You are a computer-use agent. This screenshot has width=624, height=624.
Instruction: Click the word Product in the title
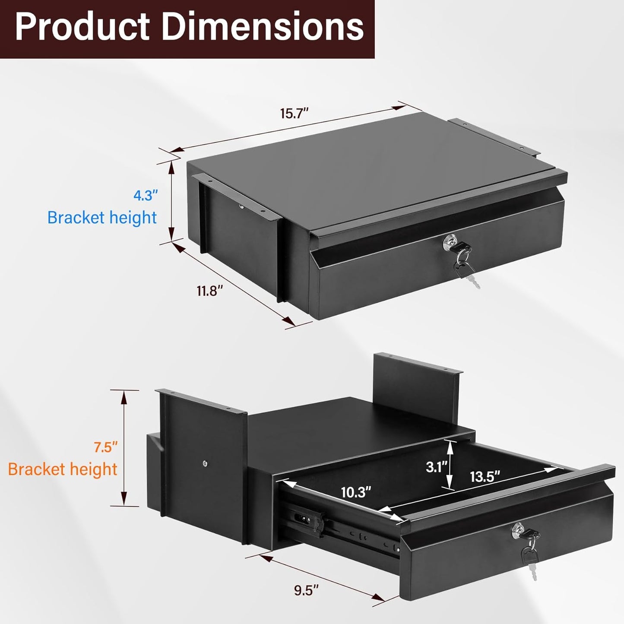pos(82,27)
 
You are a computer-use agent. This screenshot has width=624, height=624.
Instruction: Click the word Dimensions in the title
pos(263,27)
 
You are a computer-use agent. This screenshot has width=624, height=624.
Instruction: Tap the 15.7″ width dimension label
pos(295,114)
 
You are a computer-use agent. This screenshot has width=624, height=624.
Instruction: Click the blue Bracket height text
pos(102,218)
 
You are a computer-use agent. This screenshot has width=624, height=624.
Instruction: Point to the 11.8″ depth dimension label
pos(210,291)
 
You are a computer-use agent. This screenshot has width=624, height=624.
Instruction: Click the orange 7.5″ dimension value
pos(106,447)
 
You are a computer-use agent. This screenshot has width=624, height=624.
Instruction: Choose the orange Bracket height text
pos(63,469)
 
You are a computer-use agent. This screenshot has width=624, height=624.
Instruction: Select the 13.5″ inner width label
pos(485,477)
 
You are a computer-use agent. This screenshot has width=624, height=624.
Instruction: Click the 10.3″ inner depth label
pos(356,492)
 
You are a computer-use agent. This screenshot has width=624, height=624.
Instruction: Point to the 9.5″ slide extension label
pos(306,590)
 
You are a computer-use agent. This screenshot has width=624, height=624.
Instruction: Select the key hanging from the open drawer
pos(530,559)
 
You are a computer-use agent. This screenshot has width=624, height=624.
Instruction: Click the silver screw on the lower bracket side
pos(205,464)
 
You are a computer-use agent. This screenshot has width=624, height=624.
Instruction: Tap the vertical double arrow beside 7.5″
pos(125,448)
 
